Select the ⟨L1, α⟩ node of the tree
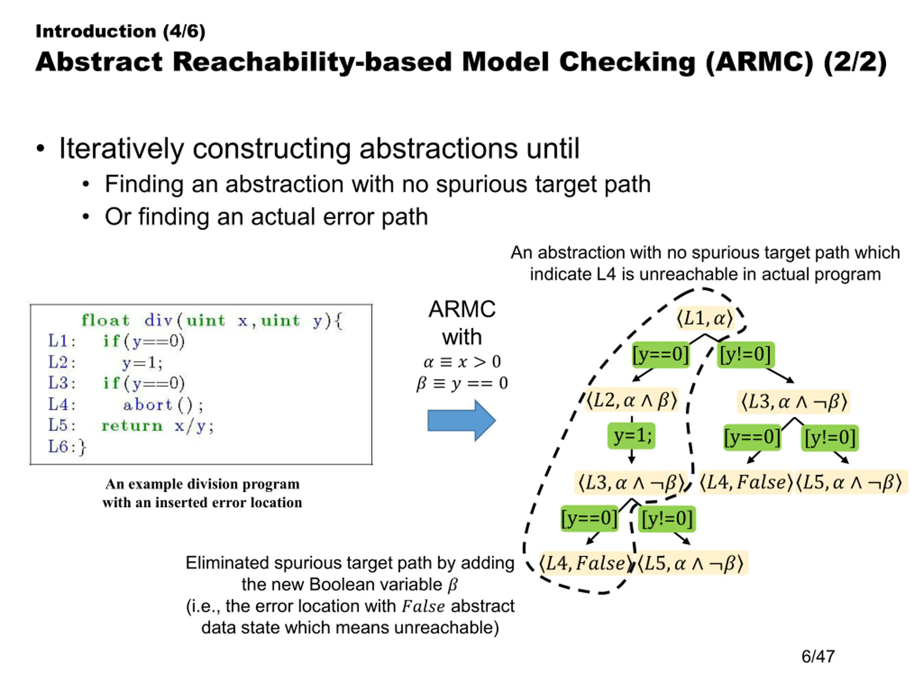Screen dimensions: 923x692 (x=705, y=319)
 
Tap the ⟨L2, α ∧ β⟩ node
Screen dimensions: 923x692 (x=631, y=400)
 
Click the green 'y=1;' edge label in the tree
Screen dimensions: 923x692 (x=631, y=436)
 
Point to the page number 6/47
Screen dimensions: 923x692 (x=818, y=656)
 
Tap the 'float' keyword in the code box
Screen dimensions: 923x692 (x=105, y=320)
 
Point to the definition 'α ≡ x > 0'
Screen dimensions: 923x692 (x=462, y=361)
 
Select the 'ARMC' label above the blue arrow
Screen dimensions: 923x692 (x=462, y=309)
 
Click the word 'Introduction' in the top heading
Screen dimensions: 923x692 (x=96, y=31)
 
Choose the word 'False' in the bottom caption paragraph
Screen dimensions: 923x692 (x=423, y=606)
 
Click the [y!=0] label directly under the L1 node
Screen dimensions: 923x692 (x=746, y=355)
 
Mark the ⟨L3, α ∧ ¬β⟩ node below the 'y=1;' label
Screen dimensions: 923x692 (x=631, y=483)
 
